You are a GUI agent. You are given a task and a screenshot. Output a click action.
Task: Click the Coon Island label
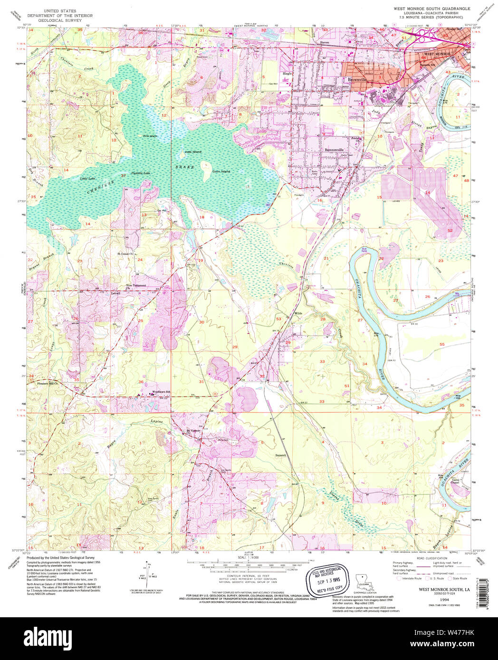point(221,171)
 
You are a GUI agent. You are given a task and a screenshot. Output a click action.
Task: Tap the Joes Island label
point(193,151)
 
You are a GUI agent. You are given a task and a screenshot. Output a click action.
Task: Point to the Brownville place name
point(357,80)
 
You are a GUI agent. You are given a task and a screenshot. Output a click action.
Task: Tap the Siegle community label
point(287,74)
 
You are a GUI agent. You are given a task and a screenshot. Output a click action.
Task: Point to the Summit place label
point(281,455)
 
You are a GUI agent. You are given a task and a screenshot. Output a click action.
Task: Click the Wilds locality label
point(298,313)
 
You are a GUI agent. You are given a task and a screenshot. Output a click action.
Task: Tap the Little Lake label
point(87,179)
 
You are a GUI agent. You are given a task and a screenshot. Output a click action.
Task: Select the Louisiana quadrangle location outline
point(364,581)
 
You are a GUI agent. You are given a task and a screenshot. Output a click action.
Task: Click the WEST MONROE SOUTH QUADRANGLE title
point(431,9)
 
